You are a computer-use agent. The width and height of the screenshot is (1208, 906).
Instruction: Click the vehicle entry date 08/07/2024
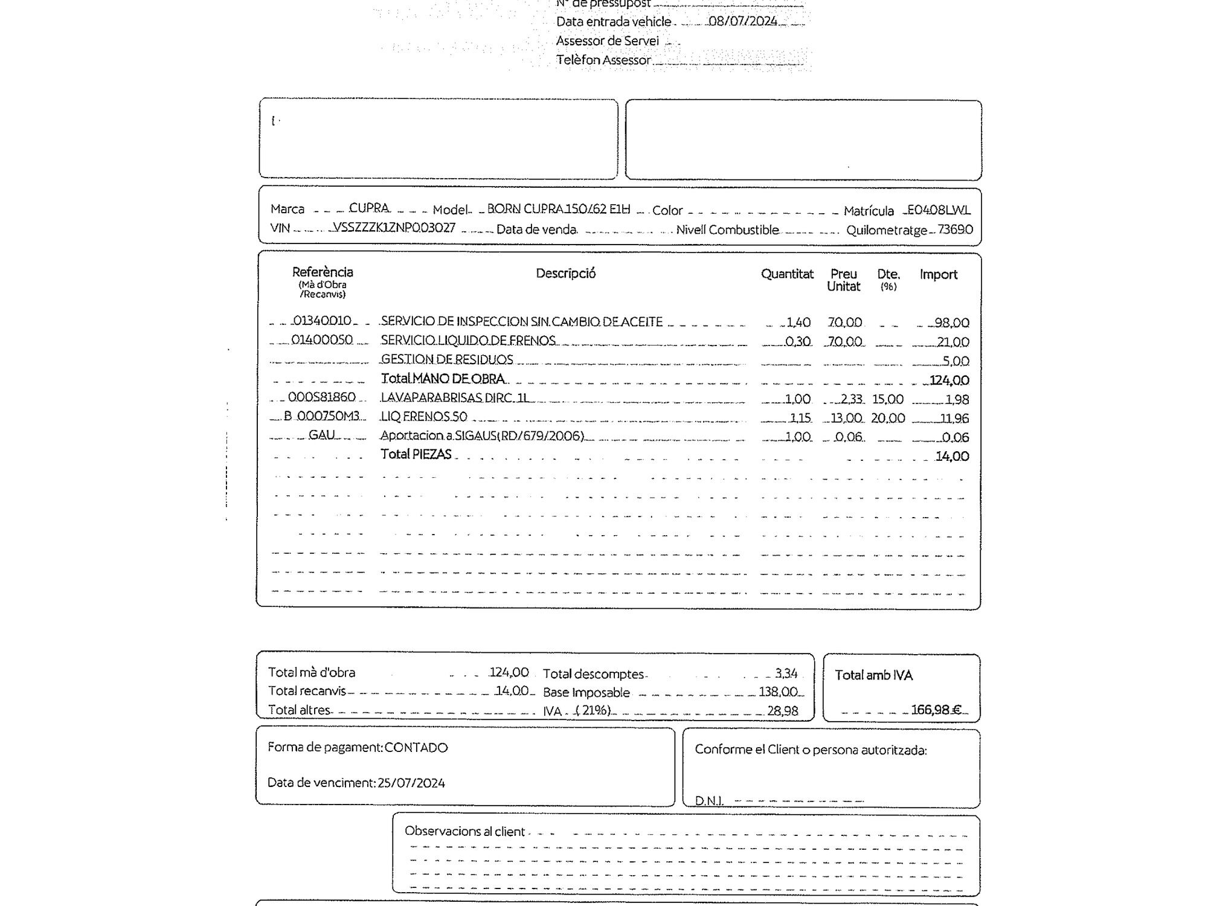click(742, 22)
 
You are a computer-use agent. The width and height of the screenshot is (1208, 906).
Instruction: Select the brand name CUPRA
click(369, 208)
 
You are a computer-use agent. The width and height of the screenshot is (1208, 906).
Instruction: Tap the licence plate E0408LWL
click(939, 210)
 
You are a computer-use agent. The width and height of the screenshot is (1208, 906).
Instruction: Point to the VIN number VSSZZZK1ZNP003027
click(394, 228)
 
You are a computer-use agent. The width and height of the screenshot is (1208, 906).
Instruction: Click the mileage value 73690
click(955, 230)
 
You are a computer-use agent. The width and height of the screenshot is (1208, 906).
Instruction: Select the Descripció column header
click(565, 274)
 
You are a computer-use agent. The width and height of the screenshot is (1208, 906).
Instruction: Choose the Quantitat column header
click(787, 274)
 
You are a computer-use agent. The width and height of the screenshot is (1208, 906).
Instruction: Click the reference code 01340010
click(321, 321)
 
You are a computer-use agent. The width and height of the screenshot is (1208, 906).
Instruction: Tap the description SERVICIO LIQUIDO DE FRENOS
click(468, 341)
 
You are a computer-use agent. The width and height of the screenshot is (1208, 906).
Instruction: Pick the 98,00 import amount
click(951, 323)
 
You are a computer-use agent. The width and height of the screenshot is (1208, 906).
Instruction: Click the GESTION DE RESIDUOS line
click(447, 359)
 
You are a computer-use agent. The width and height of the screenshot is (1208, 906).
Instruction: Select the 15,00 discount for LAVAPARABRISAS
click(887, 399)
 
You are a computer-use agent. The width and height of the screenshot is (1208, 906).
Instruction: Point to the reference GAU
click(321, 435)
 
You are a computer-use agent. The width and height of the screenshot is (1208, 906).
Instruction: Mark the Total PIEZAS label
click(416, 454)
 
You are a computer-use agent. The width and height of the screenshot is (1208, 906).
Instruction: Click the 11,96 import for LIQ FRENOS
click(954, 418)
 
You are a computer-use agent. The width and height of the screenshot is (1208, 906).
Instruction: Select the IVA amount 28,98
click(782, 711)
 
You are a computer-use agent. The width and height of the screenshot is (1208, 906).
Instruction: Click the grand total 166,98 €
click(936, 710)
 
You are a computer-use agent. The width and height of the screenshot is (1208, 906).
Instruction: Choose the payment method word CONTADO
click(416, 748)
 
